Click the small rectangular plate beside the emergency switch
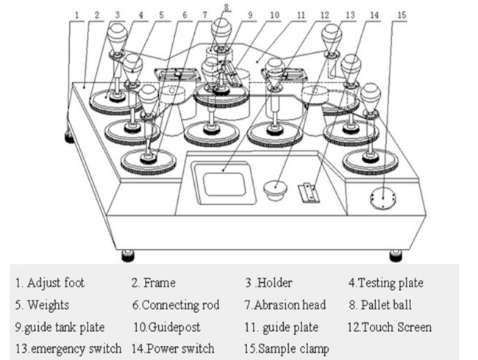point(309,192)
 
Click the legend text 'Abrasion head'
point(283,303)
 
